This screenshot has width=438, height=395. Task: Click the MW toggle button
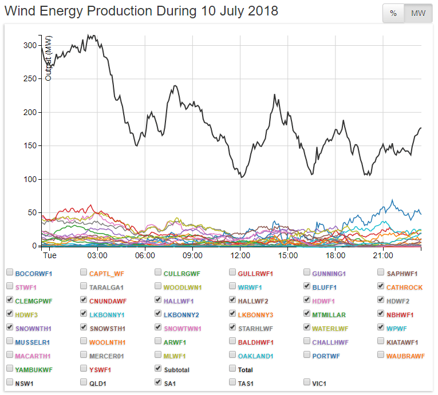pyautogui.click(x=419, y=14)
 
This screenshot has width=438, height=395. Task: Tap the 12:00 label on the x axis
pyautogui.click(x=240, y=254)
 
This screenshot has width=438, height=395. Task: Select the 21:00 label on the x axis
pyautogui.click(x=382, y=254)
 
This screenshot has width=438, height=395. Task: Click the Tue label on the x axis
pyautogui.click(x=49, y=254)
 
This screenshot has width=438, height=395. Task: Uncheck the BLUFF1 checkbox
pyautogui.click(x=307, y=286)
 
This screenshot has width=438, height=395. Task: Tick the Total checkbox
pyautogui.click(x=233, y=369)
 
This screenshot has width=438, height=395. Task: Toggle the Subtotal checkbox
pyautogui.click(x=159, y=369)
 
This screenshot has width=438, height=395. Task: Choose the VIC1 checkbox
pyautogui.click(x=307, y=382)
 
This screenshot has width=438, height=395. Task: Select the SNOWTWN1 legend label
pyautogui.click(x=183, y=328)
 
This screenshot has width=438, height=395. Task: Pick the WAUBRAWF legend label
pyautogui.click(x=406, y=355)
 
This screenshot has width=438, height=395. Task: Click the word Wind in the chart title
pyautogui.click(x=20, y=11)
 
